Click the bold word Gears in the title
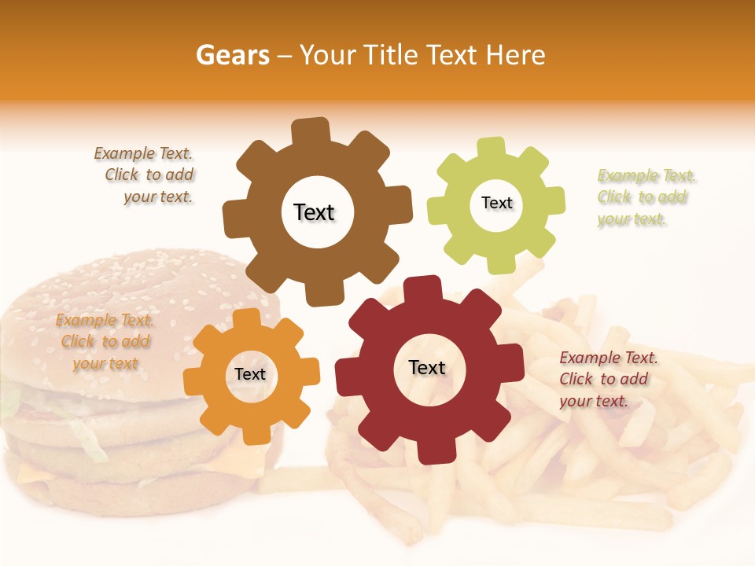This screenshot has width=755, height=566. point(232,55)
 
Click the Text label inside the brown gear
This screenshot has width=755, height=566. point(314,212)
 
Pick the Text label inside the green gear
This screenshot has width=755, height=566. point(496,203)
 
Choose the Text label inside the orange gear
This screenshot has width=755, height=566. point(250,374)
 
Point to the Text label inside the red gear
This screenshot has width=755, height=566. point(427,367)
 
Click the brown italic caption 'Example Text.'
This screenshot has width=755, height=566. point(143,154)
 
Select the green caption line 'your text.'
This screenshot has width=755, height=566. point(632,219)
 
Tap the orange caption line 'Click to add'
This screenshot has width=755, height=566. point(105,341)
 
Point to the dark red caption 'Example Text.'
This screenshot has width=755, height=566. point(609,358)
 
